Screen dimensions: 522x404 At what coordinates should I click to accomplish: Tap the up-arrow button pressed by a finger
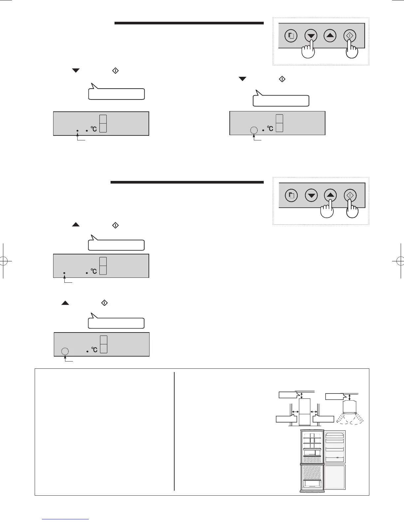tap(330, 195)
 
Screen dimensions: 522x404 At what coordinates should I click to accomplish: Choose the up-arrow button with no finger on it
tap(330, 36)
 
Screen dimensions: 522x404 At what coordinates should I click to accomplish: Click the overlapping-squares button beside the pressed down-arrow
tap(291, 36)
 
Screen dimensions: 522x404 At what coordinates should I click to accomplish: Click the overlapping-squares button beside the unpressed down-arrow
tap(291, 195)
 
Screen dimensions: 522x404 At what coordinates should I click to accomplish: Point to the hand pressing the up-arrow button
tap(327, 211)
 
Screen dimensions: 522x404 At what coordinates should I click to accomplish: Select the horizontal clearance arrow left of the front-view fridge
tap(295, 412)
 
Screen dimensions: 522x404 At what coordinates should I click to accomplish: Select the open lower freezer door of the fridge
tap(335, 477)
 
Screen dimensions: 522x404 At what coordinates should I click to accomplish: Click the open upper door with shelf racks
tap(335, 446)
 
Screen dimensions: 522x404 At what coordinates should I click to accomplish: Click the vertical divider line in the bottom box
tap(174, 431)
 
